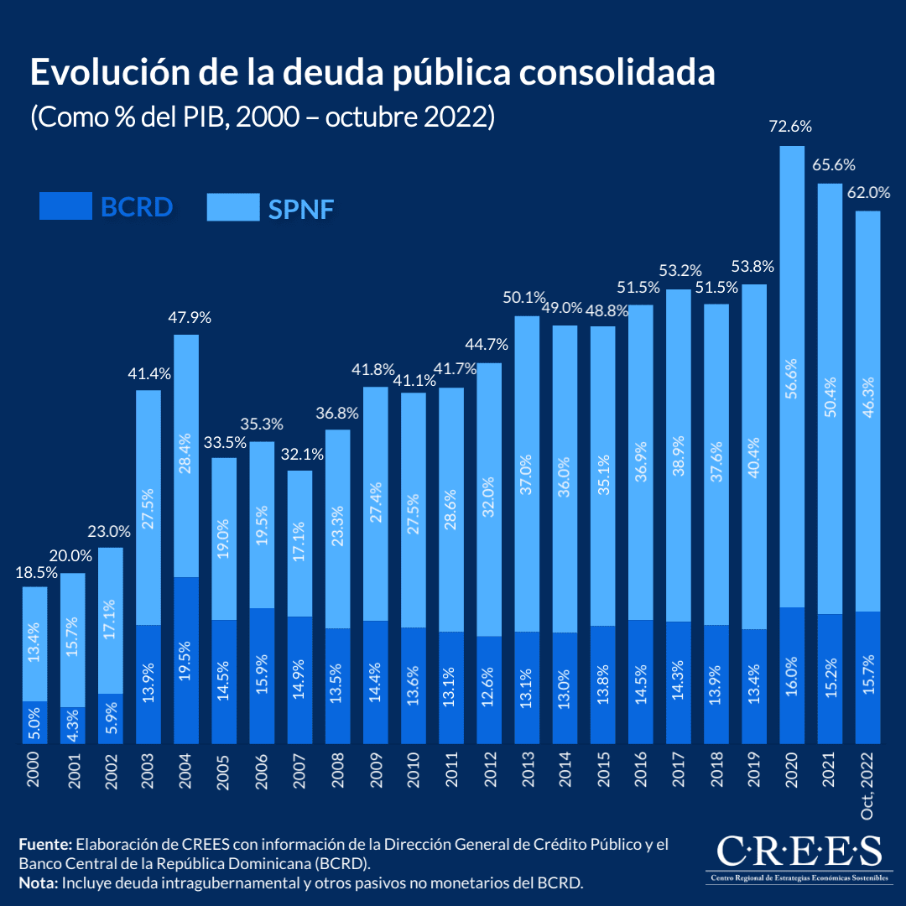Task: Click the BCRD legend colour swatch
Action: [65, 206]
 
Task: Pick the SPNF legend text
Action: [301, 208]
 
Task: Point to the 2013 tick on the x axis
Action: [527, 770]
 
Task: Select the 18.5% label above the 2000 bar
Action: [35, 574]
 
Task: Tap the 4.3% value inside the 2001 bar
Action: [72, 725]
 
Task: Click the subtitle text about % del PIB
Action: [263, 116]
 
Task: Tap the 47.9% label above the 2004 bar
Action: [186, 319]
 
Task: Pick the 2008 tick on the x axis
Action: [337, 770]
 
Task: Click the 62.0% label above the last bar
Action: [868, 192]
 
